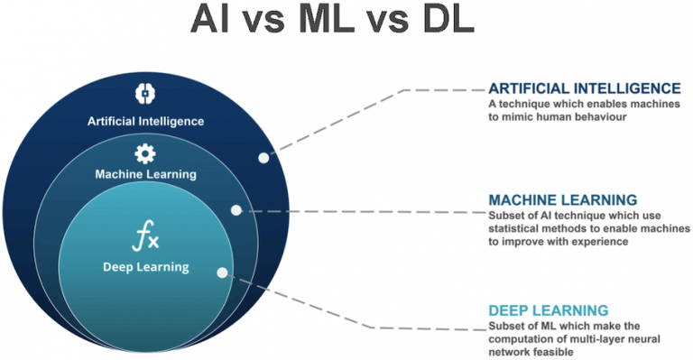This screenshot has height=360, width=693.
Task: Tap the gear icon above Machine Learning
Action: [145, 152]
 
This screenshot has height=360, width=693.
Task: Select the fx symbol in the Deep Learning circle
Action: [145, 238]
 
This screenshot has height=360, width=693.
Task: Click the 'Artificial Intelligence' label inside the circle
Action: [145, 120]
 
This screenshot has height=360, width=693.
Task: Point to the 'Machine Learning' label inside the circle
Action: [145, 174]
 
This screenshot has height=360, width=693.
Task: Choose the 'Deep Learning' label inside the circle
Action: [145, 266]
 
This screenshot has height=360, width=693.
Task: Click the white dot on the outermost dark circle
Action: [263, 157]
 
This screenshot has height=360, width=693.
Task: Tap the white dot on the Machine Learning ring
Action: [236, 210]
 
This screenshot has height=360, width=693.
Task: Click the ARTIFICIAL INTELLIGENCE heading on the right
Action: [584, 88]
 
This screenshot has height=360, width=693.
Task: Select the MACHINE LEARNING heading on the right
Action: [562, 199]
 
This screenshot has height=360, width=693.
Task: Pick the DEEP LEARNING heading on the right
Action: [548, 309]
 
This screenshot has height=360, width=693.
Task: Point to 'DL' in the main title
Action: [442, 19]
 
